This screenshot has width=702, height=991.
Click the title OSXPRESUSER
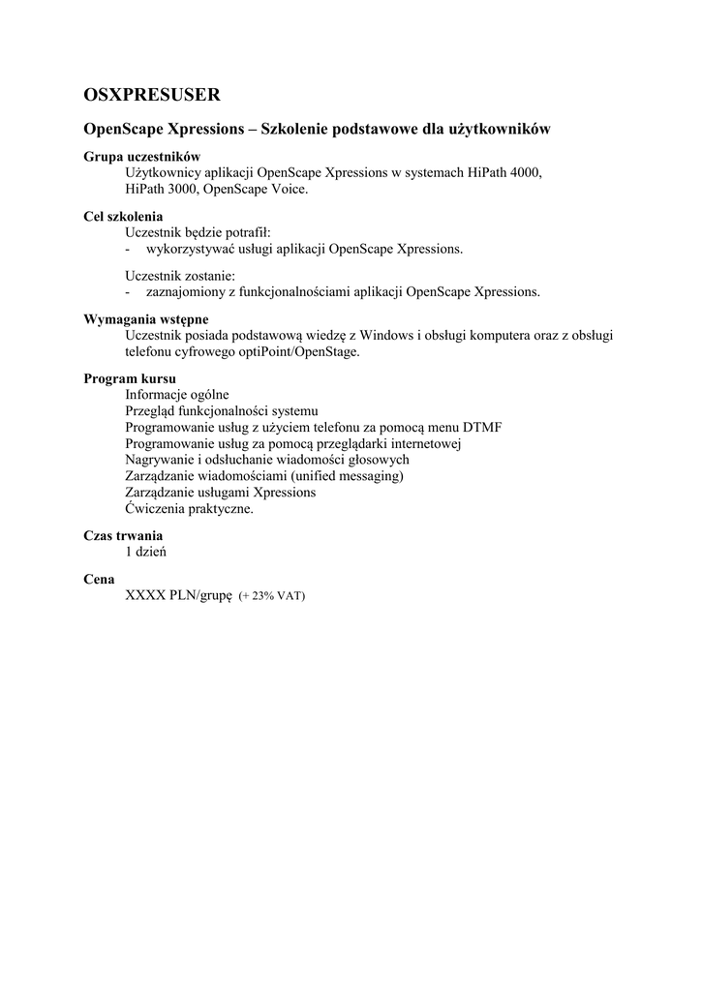tap(152, 94)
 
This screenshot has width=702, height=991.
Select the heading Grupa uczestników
tap(141, 157)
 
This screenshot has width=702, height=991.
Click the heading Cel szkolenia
tap(123, 217)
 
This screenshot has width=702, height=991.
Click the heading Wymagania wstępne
tap(146, 319)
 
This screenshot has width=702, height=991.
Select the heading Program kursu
tap(130, 378)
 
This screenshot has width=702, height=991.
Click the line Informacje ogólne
tap(177, 394)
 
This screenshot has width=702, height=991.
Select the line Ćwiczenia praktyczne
tap(190, 509)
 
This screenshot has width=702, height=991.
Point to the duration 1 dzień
tap(147, 552)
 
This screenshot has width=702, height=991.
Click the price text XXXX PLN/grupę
tap(179, 595)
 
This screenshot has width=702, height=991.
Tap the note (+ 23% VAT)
tap(272, 596)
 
